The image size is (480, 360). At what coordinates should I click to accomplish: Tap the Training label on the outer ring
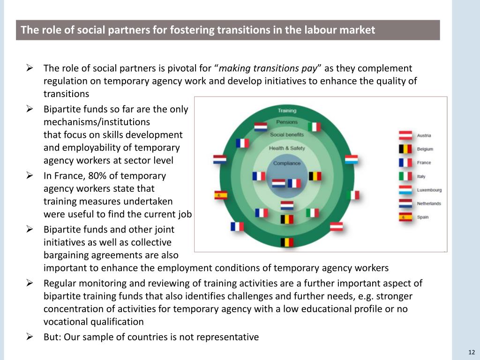(x=287, y=111)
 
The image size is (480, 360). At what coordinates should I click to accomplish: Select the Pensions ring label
(x=287, y=122)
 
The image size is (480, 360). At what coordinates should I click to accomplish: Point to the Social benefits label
(x=287, y=135)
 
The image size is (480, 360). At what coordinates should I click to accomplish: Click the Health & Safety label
(x=287, y=149)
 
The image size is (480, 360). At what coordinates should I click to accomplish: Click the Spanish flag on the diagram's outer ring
(x=221, y=195)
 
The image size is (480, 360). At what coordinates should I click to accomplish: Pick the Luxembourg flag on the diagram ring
(x=352, y=160)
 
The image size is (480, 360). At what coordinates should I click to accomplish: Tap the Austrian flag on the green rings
(x=336, y=226)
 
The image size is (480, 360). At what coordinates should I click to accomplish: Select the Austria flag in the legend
(x=405, y=135)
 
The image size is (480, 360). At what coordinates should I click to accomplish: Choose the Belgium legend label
(x=425, y=149)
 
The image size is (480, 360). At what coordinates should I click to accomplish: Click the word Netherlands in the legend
(x=429, y=203)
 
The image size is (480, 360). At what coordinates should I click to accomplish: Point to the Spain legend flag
(x=405, y=217)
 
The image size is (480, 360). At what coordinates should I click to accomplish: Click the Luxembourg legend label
(x=429, y=190)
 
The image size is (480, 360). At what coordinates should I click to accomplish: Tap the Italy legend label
(x=421, y=176)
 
